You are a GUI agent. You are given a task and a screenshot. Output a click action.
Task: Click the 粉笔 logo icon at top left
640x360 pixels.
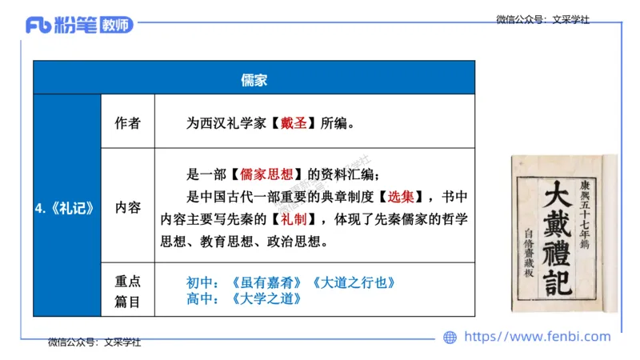point(38,25)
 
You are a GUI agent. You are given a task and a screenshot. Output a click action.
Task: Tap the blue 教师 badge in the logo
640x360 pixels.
point(116,25)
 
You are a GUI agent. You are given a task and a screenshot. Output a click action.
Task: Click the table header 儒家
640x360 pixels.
point(254,79)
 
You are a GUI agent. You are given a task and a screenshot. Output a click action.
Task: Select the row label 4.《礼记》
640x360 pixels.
point(66,207)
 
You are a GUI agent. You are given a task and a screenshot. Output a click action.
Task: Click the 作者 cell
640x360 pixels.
point(127,123)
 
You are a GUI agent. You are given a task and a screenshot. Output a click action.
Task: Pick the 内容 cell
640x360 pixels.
point(127,207)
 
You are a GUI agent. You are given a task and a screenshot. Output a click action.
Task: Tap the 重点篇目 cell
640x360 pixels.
point(127,290)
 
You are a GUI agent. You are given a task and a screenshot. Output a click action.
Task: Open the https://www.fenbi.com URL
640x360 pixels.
point(537,337)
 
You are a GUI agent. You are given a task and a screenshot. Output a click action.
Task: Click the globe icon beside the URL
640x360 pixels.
point(450,338)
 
